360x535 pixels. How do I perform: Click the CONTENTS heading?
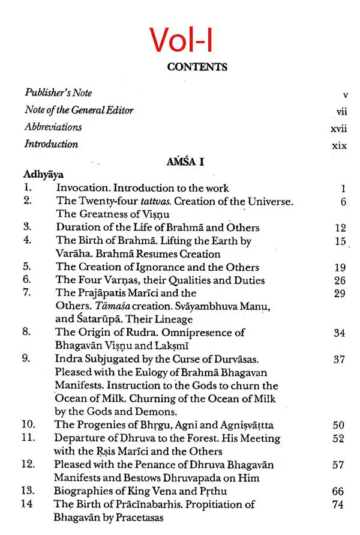[197, 67]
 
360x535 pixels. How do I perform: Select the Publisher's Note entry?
[58, 93]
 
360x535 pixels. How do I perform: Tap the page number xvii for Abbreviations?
[339, 128]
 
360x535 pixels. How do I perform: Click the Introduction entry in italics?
[51, 144]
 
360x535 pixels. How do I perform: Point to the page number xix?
[340, 145]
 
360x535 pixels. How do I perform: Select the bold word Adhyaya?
[44, 175]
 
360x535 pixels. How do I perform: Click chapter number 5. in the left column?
[28, 267]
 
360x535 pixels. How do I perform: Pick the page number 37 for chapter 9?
[340, 359]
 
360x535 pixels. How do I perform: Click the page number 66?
[338, 491]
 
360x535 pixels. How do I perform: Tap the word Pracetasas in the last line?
[135, 517]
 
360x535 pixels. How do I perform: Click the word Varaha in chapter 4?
[73, 254]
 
